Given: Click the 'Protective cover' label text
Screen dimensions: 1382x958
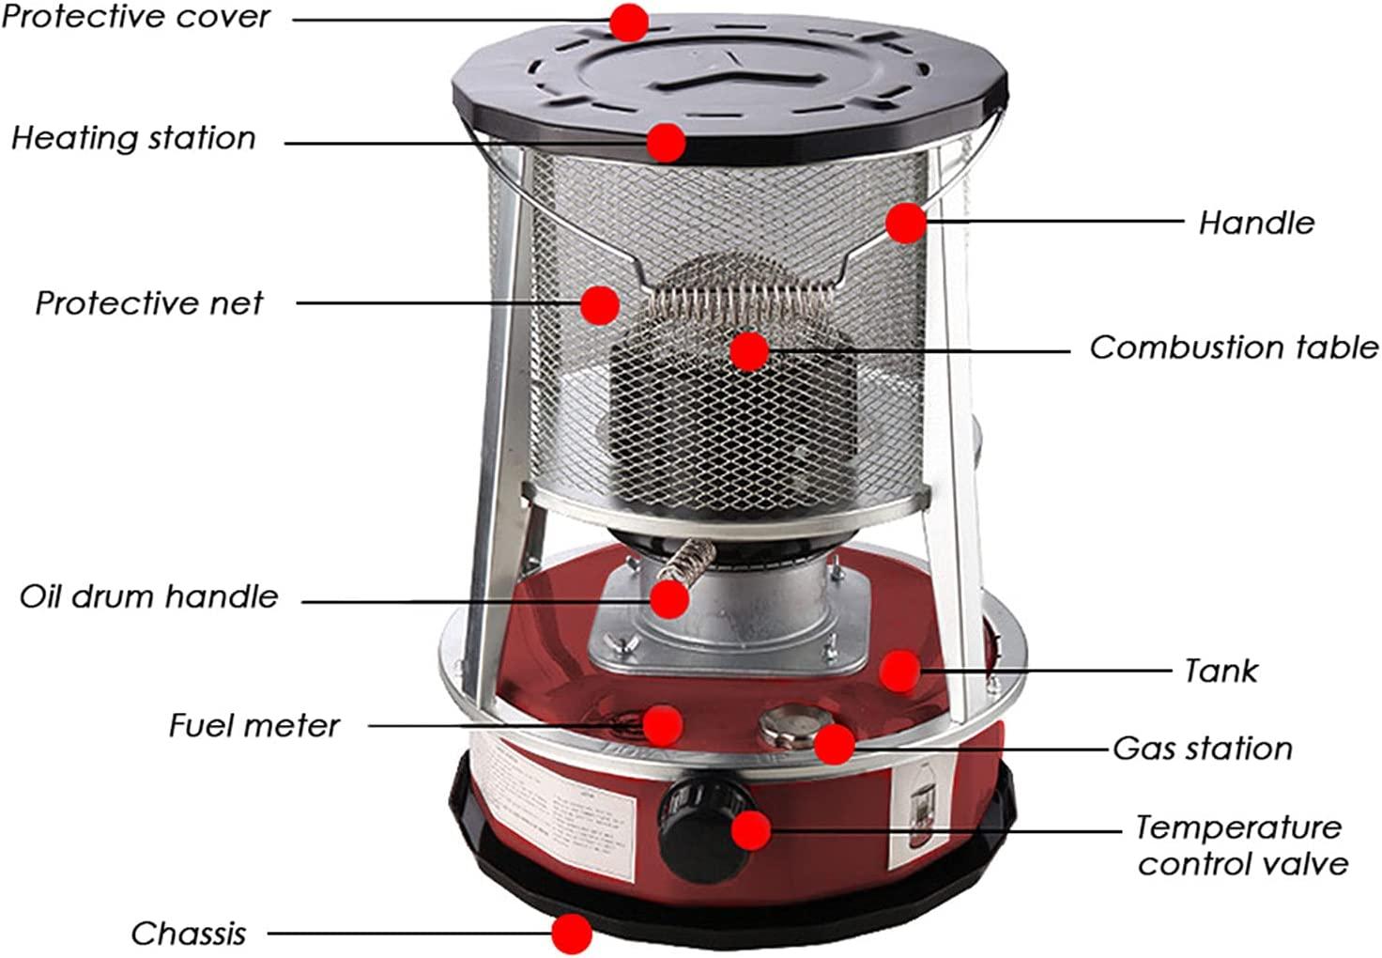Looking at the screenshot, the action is (136, 17).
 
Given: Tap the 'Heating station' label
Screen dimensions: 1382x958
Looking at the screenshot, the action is (133, 138).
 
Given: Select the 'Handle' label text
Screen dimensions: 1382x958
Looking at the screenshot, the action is (1256, 223).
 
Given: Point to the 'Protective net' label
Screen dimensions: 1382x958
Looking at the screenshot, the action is (148, 303).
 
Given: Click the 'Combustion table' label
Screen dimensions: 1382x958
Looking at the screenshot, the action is (1234, 348).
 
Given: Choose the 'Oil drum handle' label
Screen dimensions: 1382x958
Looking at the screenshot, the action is (148, 597).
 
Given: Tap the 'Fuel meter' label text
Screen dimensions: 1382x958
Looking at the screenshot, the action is (254, 725).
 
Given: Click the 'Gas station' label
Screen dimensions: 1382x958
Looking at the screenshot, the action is (1203, 749).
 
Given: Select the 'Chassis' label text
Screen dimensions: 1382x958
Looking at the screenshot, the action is (189, 934).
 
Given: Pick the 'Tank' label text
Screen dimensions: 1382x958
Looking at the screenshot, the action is (1221, 671).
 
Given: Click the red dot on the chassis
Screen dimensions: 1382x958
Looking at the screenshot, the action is (572, 934).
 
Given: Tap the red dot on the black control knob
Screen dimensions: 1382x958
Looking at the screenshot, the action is (751, 830).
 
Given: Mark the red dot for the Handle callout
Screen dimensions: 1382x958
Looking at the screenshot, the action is (906, 223).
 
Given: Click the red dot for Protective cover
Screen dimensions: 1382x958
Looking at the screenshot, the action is (629, 23).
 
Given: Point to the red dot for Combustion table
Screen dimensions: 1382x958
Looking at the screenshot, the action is (749, 351).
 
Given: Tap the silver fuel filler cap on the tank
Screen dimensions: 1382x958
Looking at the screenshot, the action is (794, 727).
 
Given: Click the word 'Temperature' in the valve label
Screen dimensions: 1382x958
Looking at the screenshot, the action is (1239, 827).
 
